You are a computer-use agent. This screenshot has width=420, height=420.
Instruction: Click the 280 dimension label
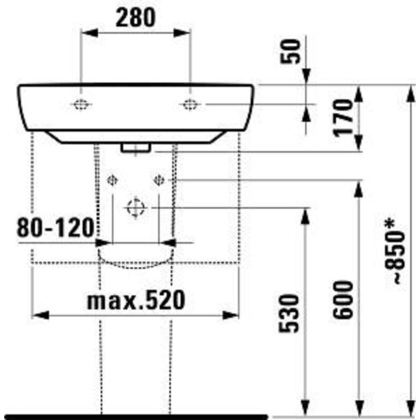click(x=135, y=19)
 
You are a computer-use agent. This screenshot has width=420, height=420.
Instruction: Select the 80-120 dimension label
click(x=55, y=227)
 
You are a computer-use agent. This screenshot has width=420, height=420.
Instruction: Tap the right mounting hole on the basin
click(x=190, y=105)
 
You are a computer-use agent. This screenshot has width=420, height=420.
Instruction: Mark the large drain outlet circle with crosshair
click(x=136, y=208)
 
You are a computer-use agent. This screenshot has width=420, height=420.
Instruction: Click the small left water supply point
click(x=112, y=180)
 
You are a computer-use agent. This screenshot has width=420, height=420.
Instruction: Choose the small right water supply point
click(x=159, y=180)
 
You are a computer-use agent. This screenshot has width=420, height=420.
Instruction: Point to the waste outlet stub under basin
click(x=136, y=148)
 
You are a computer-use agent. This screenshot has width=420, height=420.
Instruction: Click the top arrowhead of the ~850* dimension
click(x=410, y=93)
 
